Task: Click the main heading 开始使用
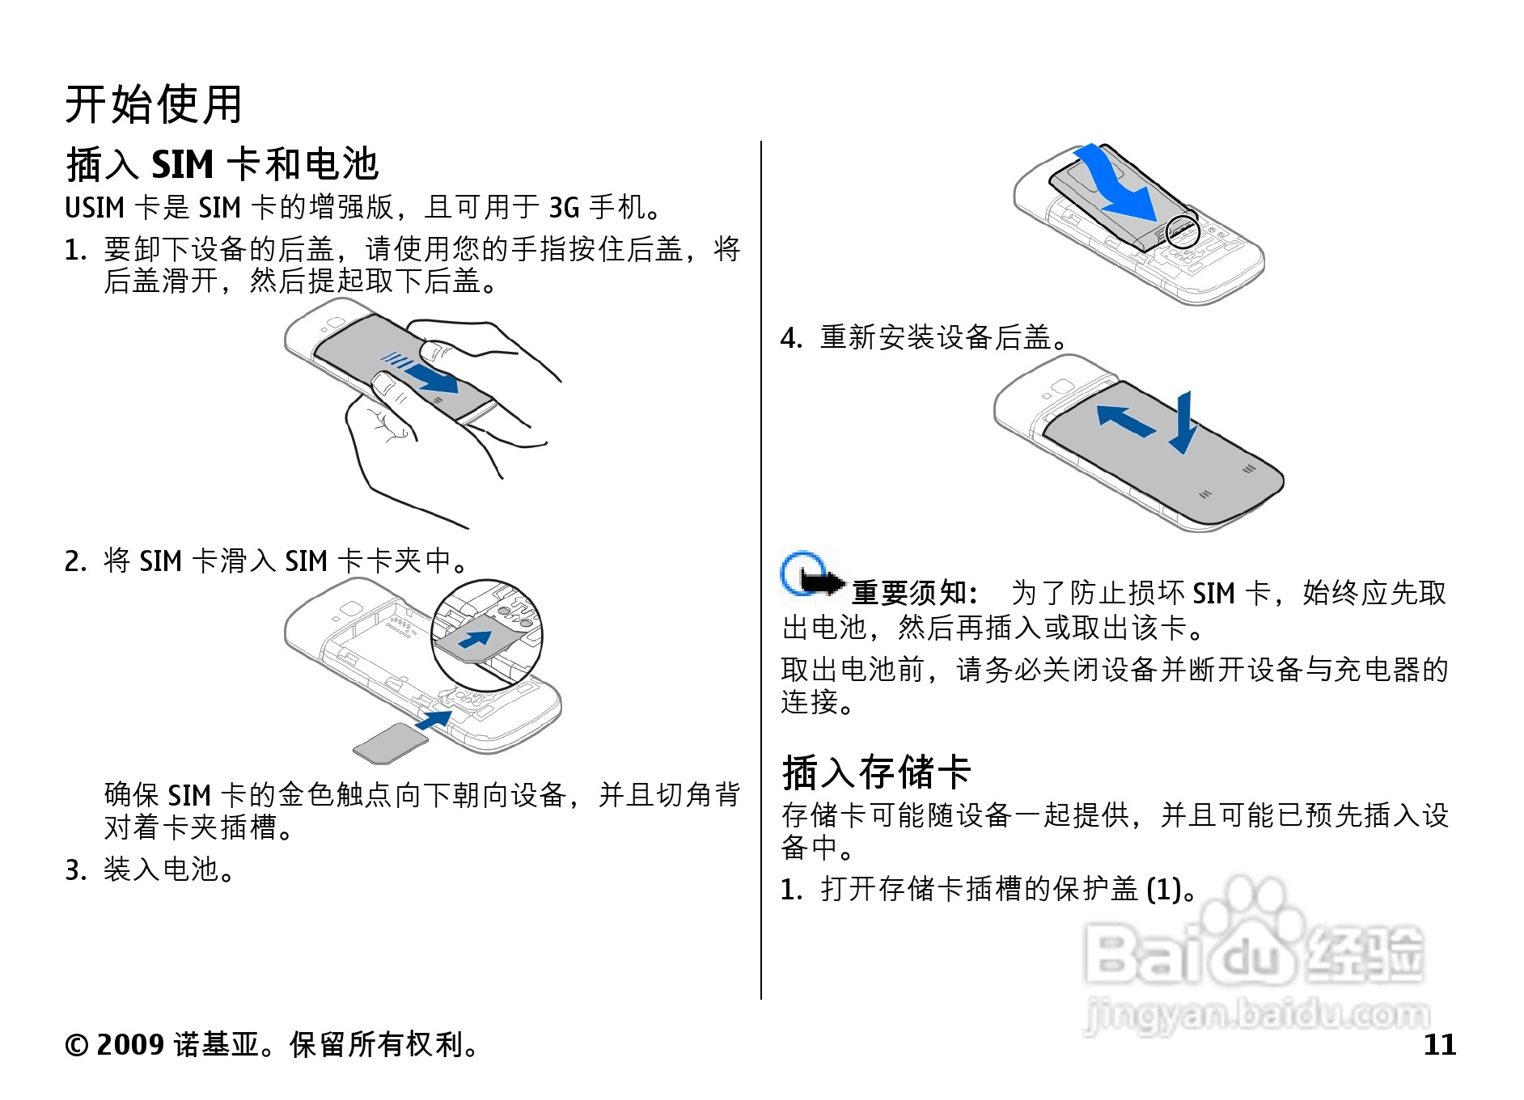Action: pyautogui.click(x=154, y=104)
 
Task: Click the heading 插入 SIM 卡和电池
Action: pyautogui.click(x=222, y=164)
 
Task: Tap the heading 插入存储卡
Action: pyautogui.click(x=876, y=772)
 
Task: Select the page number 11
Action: pyautogui.click(x=1440, y=1044)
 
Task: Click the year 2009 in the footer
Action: pyautogui.click(x=130, y=1044)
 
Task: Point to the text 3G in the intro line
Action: pyautogui.click(x=564, y=208)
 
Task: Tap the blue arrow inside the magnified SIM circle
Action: pyautogui.click(x=476, y=639)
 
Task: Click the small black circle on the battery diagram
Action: pyautogui.click(x=1182, y=232)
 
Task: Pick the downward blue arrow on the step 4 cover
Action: pyautogui.click(x=1183, y=423)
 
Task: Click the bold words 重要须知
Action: pyautogui.click(x=909, y=593)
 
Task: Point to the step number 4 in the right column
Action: pyautogui.click(x=790, y=338)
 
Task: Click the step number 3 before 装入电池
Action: pyautogui.click(x=74, y=871)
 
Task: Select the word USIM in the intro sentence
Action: pyautogui.click(x=95, y=208)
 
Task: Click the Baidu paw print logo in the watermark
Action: pyautogui.click(x=1252, y=919)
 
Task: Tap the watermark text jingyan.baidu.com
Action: pyautogui.click(x=1257, y=1014)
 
